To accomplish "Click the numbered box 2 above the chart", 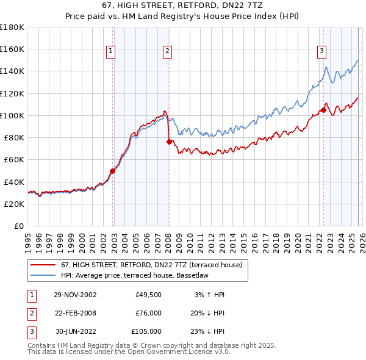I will pos(167,52).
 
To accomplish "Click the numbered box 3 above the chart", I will pos(321,52).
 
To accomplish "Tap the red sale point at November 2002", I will pos(113,171).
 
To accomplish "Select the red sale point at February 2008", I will pos(169,142).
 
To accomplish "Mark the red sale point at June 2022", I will pos(323,110).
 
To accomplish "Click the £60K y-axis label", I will pos(14,160).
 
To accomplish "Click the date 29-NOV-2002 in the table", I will pos(75,295).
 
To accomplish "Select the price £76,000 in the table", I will pos(148,313).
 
